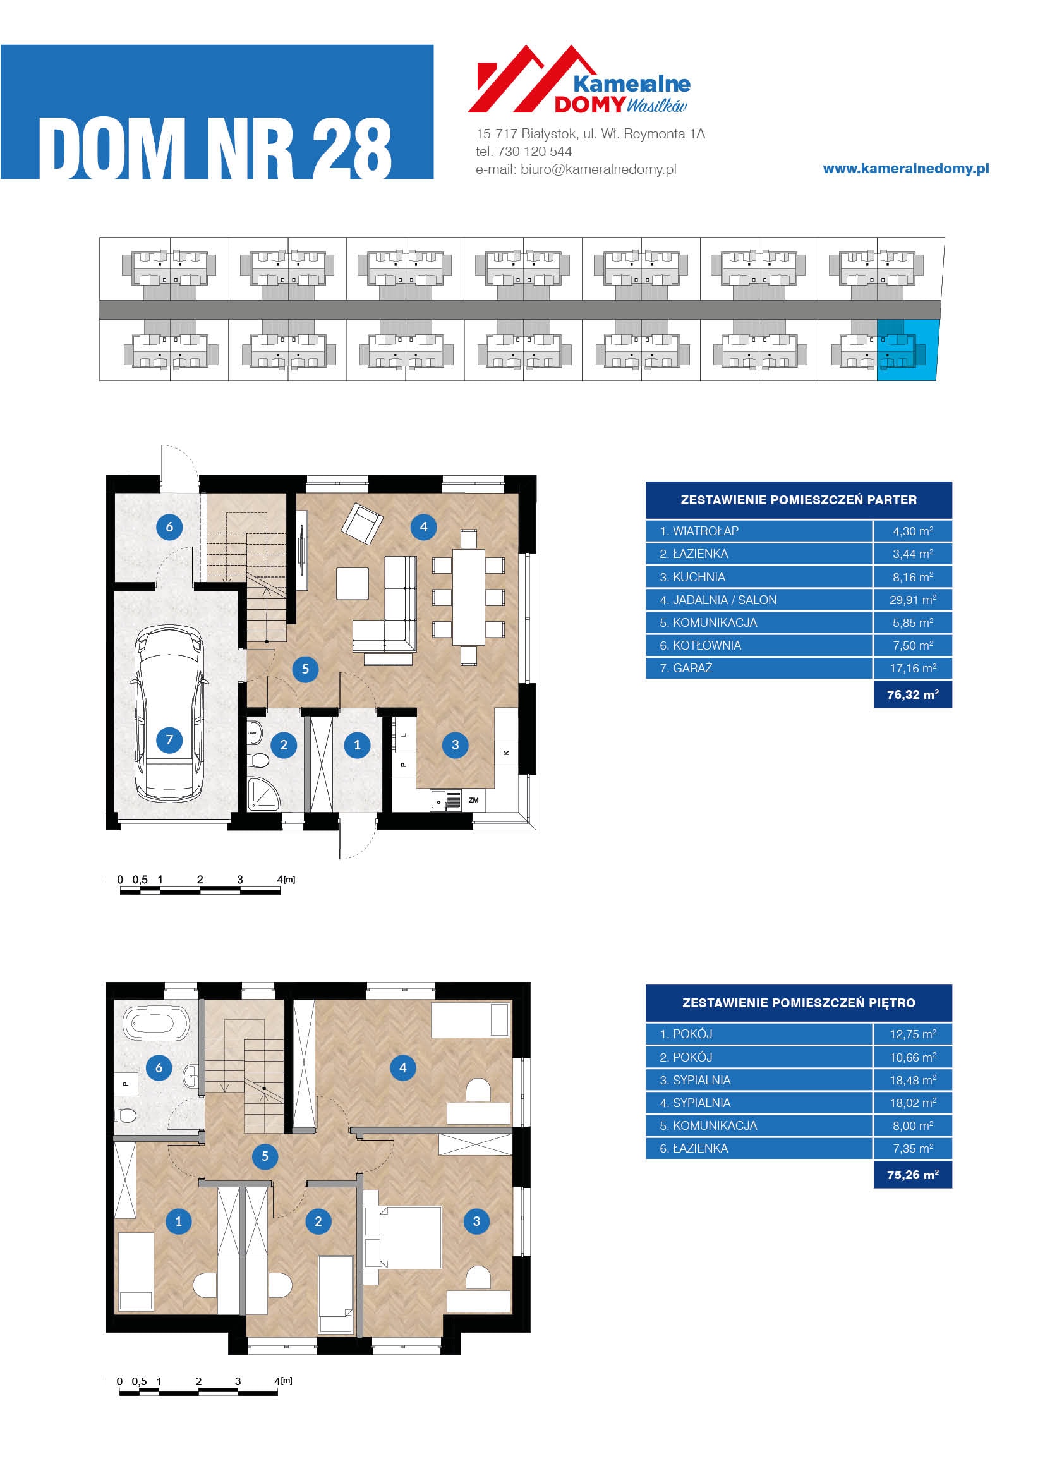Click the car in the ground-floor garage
click(x=169, y=715)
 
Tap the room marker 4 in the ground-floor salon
click(x=423, y=527)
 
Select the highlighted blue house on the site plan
click(x=907, y=350)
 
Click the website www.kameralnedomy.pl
click(x=906, y=169)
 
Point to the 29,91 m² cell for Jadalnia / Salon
click(x=912, y=600)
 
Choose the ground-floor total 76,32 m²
click(x=912, y=694)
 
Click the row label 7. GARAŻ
click(x=686, y=668)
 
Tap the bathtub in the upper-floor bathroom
click(x=156, y=1023)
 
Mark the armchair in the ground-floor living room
click(x=361, y=522)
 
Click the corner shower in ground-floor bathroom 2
click(x=263, y=793)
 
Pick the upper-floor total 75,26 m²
click(x=912, y=1175)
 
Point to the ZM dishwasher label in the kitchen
click(x=474, y=800)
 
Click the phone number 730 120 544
click(x=535, y=152)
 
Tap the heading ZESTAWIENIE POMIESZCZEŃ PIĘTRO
click(x=799, y=1003)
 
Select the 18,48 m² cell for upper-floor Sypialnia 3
click(x=912, y=1080)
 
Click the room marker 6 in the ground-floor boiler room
click(x=169, y=527)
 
